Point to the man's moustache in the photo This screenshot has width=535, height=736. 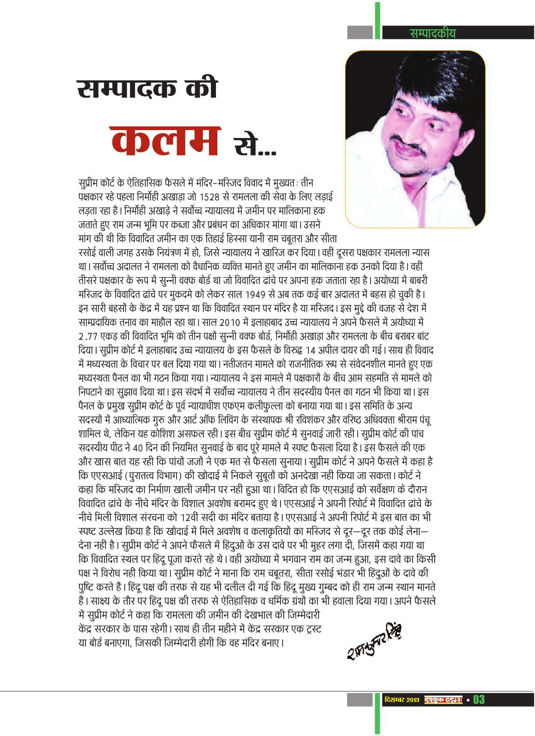pyautogui.click(x=402, y=139)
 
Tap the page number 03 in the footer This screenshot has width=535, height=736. pyautogui.click(x=479, y=699)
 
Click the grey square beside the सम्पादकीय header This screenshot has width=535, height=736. pyautogui.click(x=360, y=33)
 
